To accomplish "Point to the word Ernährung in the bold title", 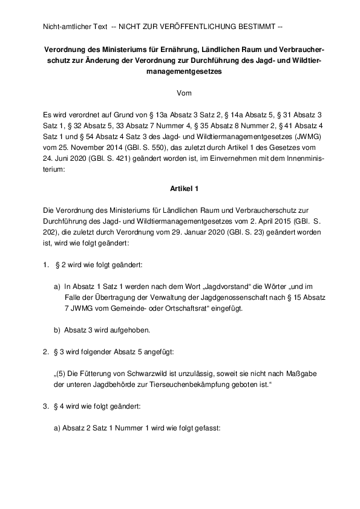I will (x=179, y=50).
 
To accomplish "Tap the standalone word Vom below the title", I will (x=183, y=92).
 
